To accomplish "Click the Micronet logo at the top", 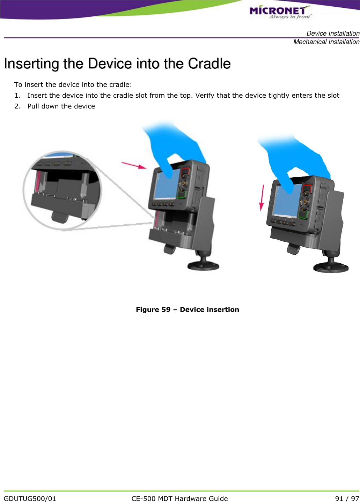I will [279, 12].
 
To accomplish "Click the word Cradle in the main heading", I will [209, 64].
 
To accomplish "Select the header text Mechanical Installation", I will [326, 42].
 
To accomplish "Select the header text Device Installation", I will [333, 33].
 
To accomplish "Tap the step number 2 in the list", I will [17, 106].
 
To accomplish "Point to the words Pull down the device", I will [61, 106].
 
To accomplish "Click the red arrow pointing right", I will [134, 165].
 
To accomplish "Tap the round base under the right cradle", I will [331, 268].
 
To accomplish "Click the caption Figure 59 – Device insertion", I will [187, 310].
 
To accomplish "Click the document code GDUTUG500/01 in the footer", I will [30, 499].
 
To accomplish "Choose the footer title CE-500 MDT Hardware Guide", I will [179, 499].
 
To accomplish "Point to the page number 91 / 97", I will [347, 499].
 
